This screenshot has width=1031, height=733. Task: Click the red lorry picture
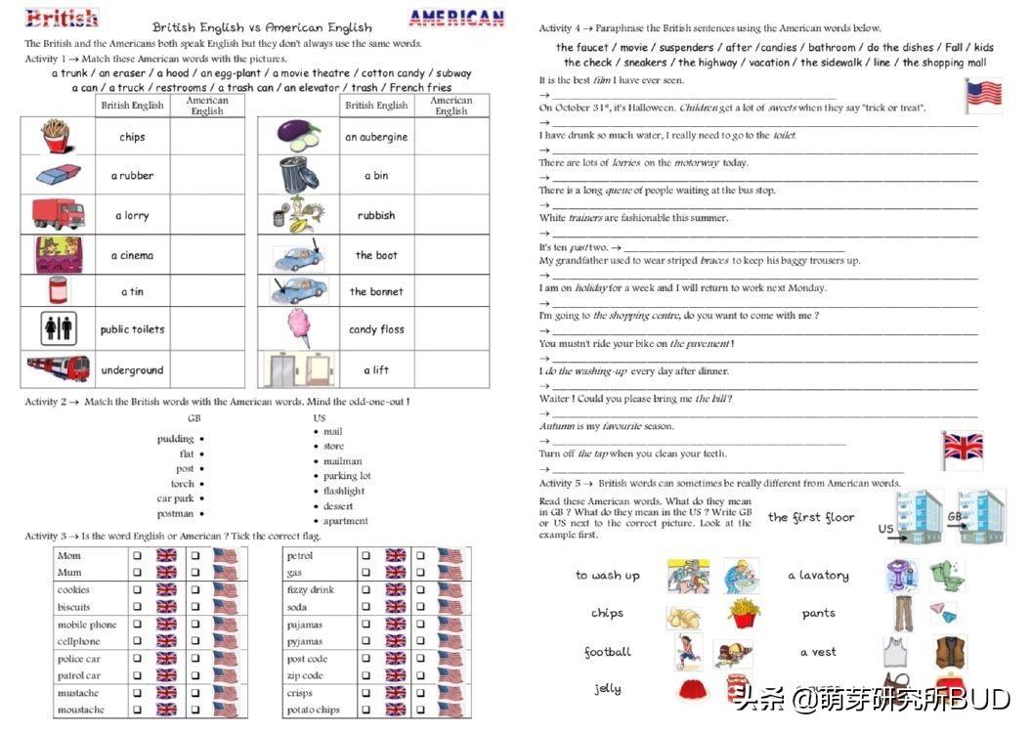pos(59,214)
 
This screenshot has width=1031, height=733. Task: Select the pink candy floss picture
pos(299,328)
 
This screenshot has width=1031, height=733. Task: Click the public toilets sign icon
pos(60,329)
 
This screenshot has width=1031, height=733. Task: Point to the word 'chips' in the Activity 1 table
pos(132,137)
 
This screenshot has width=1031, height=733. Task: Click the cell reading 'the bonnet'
pos(376,291)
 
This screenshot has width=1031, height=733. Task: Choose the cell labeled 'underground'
pos(132,370)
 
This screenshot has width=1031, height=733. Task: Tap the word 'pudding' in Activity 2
pos(175,439)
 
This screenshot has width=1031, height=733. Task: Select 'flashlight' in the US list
pos(345,492)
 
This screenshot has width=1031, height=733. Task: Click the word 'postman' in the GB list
pos(175,513)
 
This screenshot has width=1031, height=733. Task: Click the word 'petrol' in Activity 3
pos(299,556)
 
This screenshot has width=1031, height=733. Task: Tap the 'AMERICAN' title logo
pos(456,18)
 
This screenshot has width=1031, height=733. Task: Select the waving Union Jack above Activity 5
pos(962,450)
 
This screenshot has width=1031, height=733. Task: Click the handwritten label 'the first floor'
pos(810,517)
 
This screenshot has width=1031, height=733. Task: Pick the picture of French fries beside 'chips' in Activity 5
pos(744,614)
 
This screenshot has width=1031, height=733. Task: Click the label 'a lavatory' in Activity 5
pos(818,576)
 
